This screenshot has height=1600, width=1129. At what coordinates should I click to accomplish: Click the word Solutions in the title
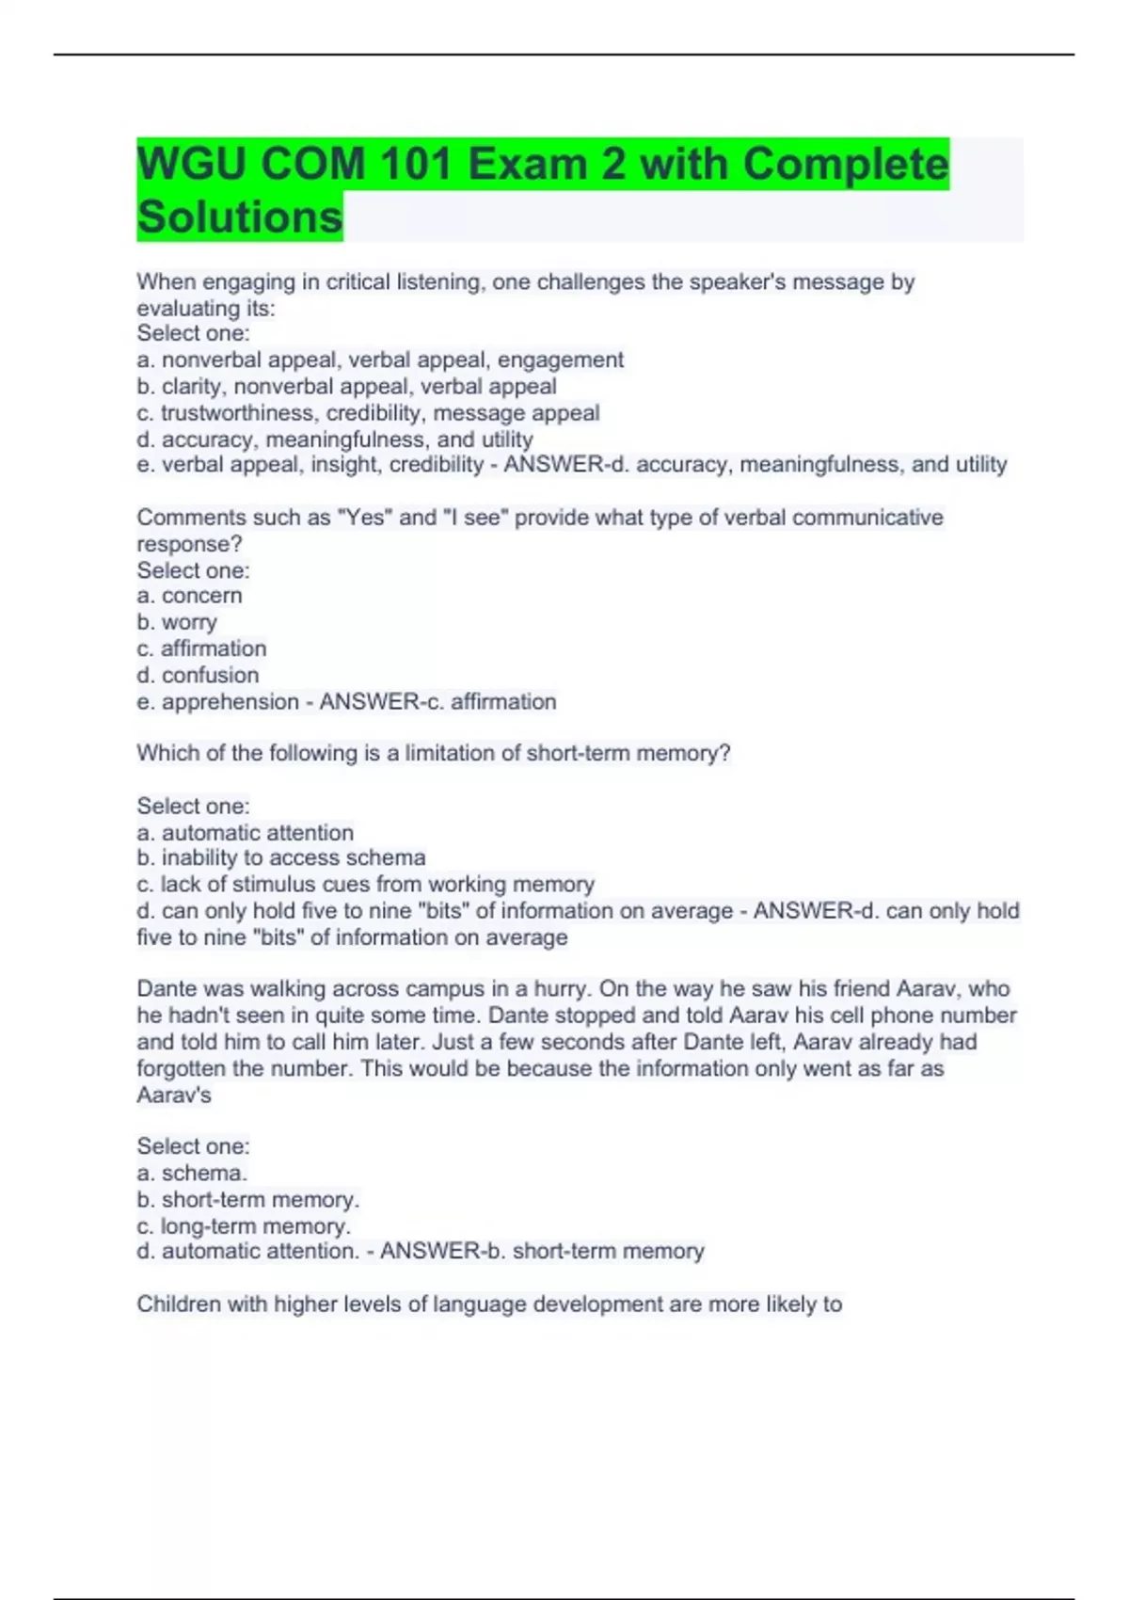tap(240, 216)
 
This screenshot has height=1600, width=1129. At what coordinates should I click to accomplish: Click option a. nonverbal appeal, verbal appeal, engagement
tap(380, 360)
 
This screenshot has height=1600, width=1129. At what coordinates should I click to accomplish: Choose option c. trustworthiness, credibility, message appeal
tap(368, 412)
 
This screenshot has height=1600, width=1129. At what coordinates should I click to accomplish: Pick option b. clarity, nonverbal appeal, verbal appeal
tap(346, 386)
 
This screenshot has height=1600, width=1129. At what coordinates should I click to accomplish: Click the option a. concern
tap(189, 596)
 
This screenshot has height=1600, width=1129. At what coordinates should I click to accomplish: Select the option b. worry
tap(177, 622)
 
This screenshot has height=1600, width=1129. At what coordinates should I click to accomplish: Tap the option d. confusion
tap(198, 675)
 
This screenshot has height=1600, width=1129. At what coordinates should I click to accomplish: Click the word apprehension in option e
tap(230, 701)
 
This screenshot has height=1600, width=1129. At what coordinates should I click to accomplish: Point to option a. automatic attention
tap(246, 833)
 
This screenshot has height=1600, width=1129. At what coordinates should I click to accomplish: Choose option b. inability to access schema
tap(281, 857)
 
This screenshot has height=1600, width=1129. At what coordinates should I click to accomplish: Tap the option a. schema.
tap(192, 1173)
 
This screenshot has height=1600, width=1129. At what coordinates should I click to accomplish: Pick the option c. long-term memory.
tap(244, 1226)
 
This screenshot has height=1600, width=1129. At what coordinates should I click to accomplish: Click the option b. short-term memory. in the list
tap(248, 1200)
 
